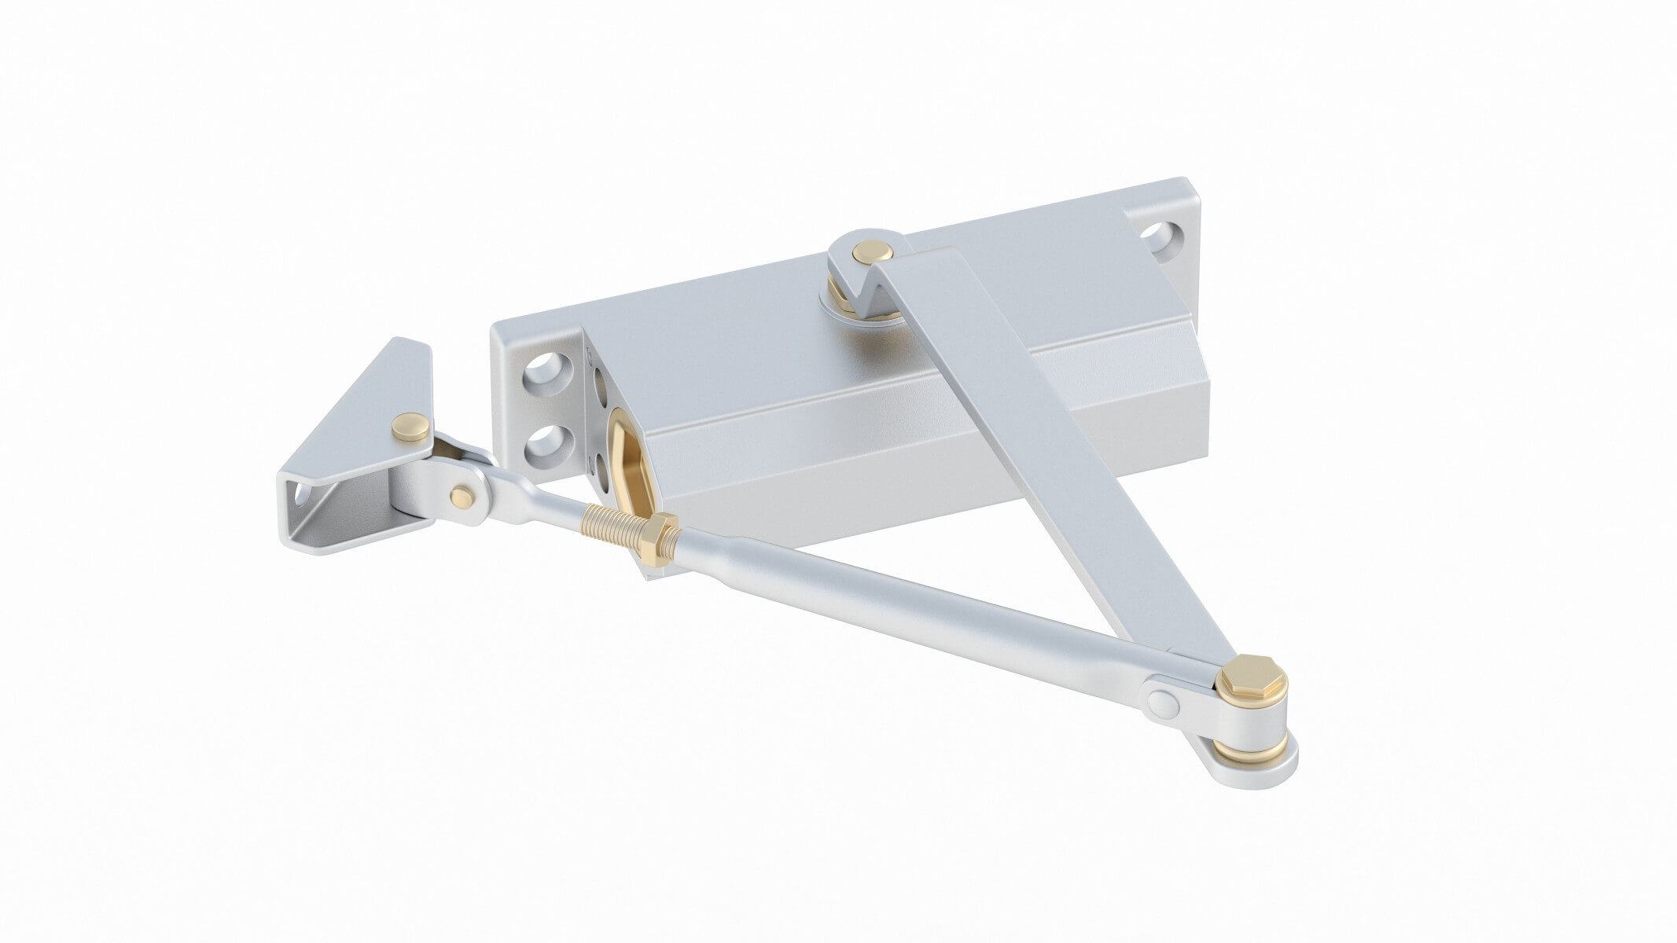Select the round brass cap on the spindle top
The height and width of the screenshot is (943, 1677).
[870, 252]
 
